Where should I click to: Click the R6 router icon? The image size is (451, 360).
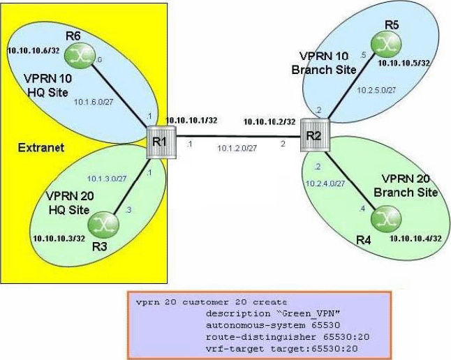[x=75, y=57]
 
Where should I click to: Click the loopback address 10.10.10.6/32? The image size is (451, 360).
[x=31, y=51]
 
